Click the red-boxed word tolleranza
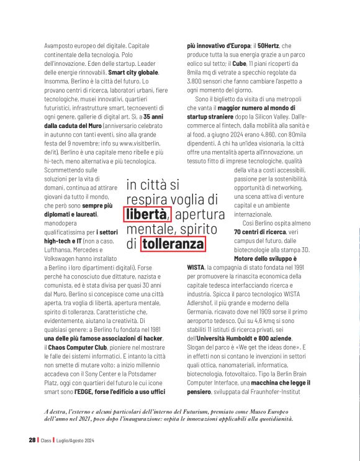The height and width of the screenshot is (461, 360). tap(173, 244)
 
